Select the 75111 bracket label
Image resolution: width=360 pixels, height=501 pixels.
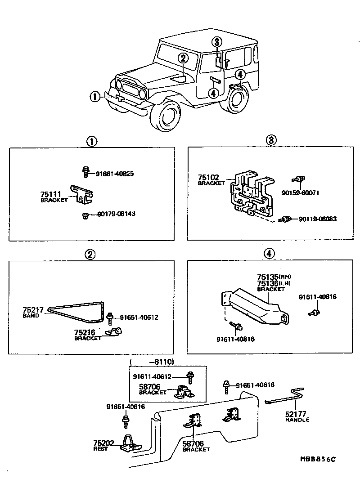click(x=54, y=197)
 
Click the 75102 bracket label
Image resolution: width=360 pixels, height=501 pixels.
click(x=211, y=180)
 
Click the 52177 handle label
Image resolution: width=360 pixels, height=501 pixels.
click(x=297, y=416)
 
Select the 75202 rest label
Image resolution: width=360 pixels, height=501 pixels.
click(x=101, y=446)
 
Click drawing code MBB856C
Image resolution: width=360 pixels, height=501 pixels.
click(x=318, y=459)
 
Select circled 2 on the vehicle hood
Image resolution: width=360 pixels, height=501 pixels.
click(x=182, y=58)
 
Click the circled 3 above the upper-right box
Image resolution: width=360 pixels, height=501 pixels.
click(x=271, y=140)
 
